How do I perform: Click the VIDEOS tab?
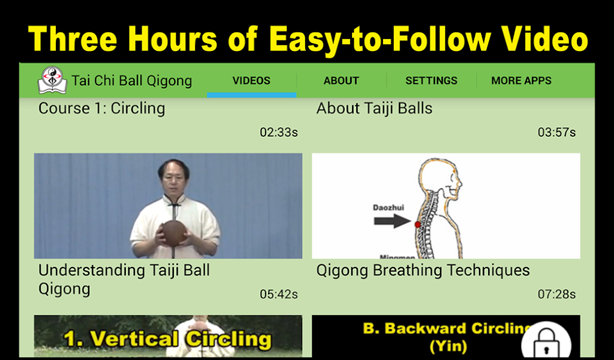[x=251, y=80]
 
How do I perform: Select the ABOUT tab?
[x=341, y=80]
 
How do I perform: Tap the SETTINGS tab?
[x=431, y=80]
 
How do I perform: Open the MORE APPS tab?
[x=521, y=80]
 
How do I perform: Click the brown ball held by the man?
[x=174, y=233]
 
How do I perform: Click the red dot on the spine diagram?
[x=417, y=224]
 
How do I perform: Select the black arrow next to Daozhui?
[x=393, y=221]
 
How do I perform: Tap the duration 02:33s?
[x=278, y=132]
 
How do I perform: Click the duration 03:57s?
[x=556, y=132]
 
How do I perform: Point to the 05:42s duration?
[x=278, y=294]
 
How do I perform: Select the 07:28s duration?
[x=556, y=294]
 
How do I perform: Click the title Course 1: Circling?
[x=102, y=109]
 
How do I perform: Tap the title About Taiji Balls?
[x=374, y=109]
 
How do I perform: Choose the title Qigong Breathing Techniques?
[x=423, y=271]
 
